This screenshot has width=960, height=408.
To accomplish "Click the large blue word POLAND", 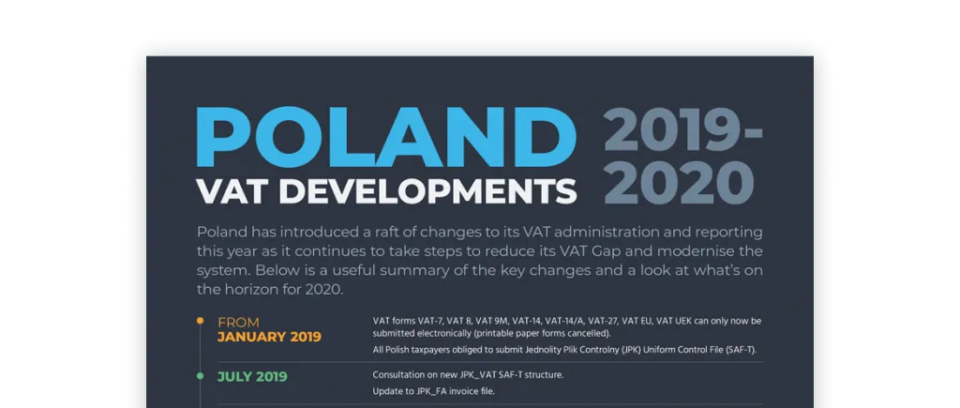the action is (x=386, y=137).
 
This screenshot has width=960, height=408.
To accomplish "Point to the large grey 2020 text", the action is (x=679, y=183).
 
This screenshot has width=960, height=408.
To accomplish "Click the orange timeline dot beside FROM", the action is (x=201, y=321).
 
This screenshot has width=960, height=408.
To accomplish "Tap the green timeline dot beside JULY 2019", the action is (x=201, y=376).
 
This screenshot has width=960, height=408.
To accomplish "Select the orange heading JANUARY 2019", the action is (x=269, y=337).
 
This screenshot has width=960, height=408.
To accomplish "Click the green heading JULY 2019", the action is (x=252, y=376).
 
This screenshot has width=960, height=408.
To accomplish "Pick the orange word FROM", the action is (x=238, y=323).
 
